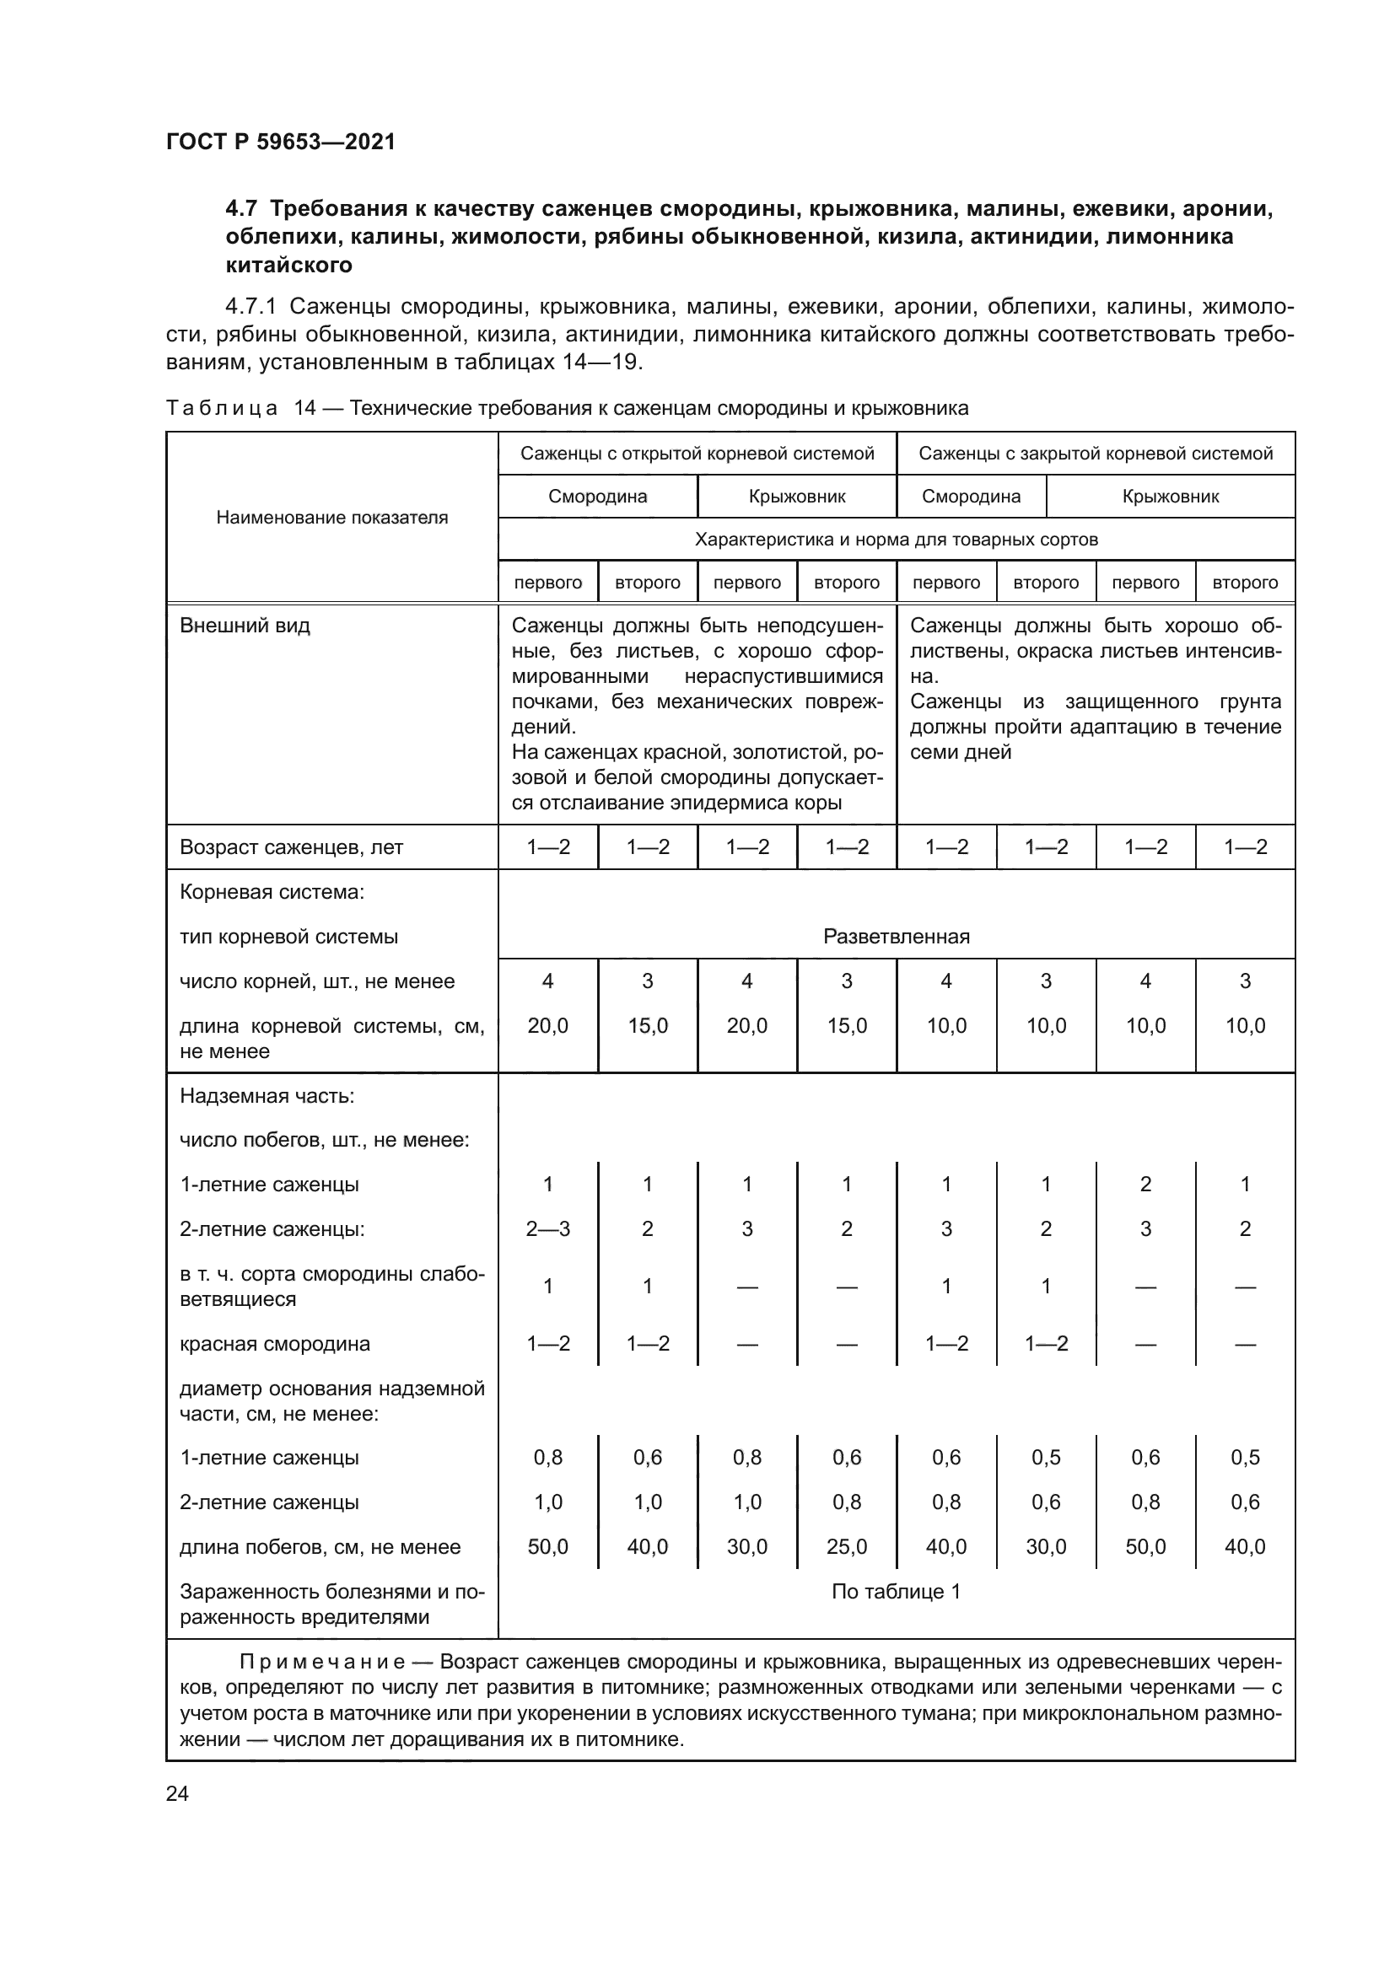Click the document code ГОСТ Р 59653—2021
pos(281,142)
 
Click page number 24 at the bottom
pos(177,1793)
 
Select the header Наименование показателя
pos(331,517)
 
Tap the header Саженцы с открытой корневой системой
pos(697,453)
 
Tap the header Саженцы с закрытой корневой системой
pos(1096,453)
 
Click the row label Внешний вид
pos(245,626)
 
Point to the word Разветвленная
pos(896,936)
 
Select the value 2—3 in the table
pos(548,1228)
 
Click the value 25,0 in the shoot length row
pos(846,1546)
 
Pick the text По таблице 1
pos(896,1592)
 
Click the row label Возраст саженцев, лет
pos(291,846)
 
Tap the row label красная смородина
pos(275,1343)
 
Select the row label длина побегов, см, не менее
pos(320,1547)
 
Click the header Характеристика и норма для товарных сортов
pos(896,540)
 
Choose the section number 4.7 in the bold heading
pos(241,209)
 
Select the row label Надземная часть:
pos(267,1096)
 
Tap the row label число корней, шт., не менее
pos(317,981)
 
